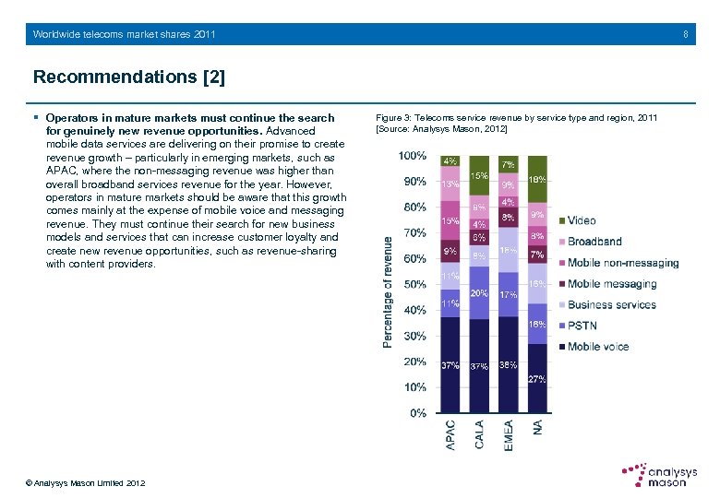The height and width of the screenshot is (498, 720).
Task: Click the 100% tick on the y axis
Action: pyautogui.click(x=412, y=155)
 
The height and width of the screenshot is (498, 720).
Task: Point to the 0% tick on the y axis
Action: pyautogui.click(x=416, y=413)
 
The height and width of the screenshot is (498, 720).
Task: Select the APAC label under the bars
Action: pyautogui.click(x=450, y=435)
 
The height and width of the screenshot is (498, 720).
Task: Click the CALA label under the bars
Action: pyautogui.click(x=479, y=435)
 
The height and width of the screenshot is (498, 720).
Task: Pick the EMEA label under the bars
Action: pyautogui.click(x=509, y=435)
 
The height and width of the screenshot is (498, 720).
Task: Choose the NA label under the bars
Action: pyautogui.click(x=537, y=429)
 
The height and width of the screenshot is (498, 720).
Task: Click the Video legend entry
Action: pyautogui.click(x=582, y=220)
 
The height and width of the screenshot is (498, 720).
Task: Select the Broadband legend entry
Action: pyautogui.click(x=594, y=242)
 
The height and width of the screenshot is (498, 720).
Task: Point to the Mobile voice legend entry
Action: pyautogui.click(x=598, y=347)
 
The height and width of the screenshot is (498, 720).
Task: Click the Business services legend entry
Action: pyautogui.click(x=611, y=304)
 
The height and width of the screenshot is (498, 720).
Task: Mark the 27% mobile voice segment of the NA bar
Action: pyautogui.click(x=537, y=378)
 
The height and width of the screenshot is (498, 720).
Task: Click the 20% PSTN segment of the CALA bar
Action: pyautogui.click(x=479, y=292)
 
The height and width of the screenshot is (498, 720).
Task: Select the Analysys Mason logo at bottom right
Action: pyautogui.click(x=658, y=475)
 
